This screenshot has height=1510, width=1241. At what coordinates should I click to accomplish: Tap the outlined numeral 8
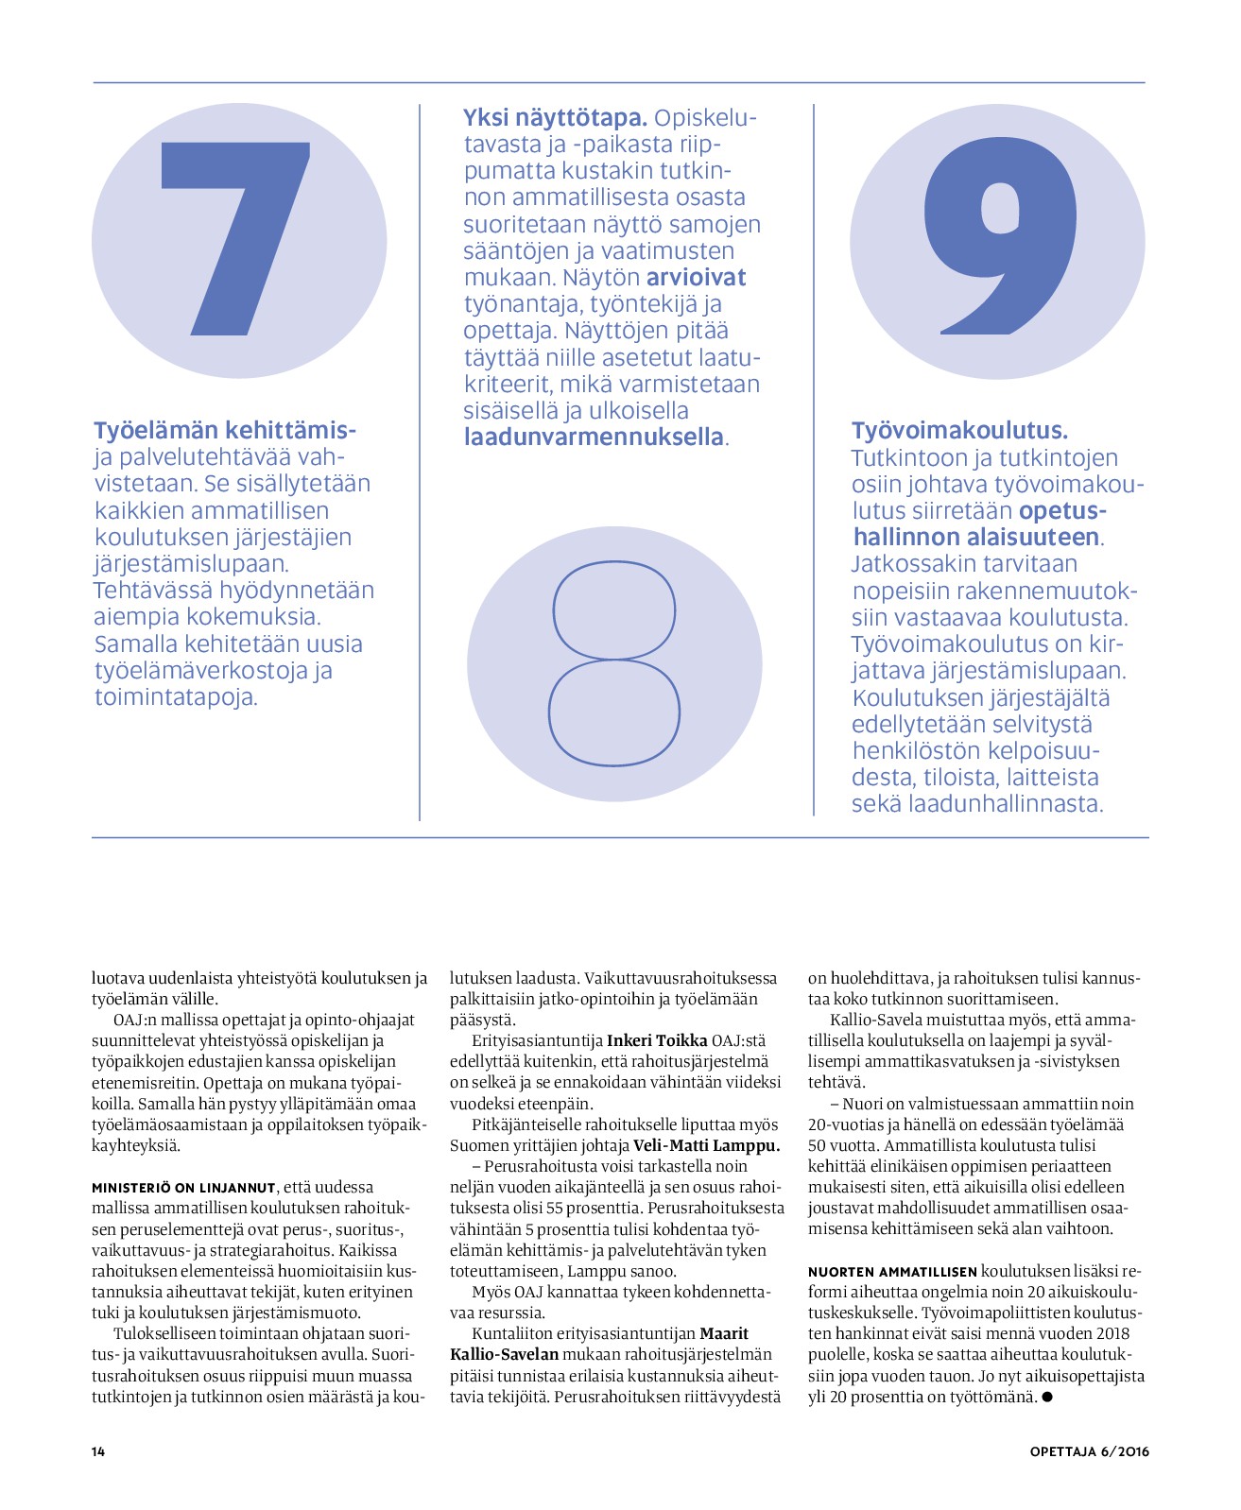(x=614, y=663)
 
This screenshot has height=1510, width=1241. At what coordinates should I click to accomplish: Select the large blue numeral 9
(x=999, y=236)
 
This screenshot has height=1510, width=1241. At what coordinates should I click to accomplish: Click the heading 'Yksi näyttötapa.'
(x=555, y=118)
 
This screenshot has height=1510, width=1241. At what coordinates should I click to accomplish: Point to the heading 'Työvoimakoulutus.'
(x=959, y=431)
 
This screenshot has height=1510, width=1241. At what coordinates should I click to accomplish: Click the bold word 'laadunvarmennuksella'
(x=594, y=438)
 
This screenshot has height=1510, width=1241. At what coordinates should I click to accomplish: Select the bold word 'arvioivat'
(x=696, y=278)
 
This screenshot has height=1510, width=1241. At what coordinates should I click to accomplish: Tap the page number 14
(x=98, y=1451)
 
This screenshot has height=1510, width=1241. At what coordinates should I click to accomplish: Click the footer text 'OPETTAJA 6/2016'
(x=1089, y=1451)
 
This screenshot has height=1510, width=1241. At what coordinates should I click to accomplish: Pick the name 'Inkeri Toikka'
(x=656, y=1040)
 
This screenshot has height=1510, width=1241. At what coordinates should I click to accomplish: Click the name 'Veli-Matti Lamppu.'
(x=706, y=1145)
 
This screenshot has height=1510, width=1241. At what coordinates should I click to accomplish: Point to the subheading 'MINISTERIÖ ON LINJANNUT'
(x=183, y=1188)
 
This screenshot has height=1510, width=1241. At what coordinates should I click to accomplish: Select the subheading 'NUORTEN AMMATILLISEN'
(x=892, y=1271)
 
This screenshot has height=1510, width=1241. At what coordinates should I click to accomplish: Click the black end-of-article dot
(x=1047, y=1397)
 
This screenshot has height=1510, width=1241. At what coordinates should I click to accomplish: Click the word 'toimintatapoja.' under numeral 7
(x=176, y=697)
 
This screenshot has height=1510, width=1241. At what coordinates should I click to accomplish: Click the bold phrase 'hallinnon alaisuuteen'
(x=976, y=538)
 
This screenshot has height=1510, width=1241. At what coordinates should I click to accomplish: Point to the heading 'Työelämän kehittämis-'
(x=225, y=431)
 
